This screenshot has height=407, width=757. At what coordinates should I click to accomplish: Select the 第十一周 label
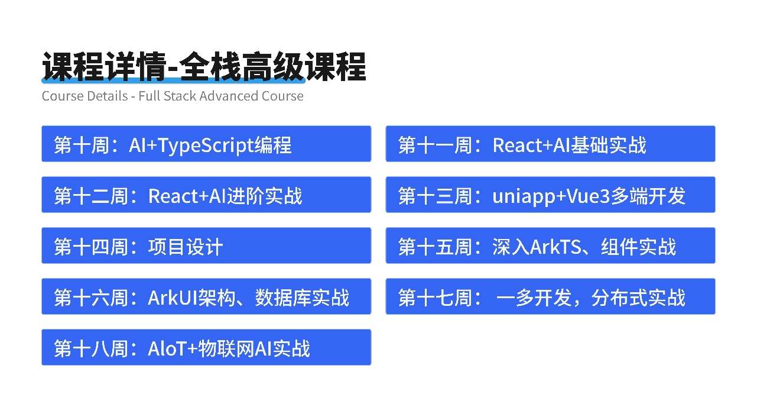tap(435, 145)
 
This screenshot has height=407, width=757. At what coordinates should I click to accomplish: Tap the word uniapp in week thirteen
tap(524, 197)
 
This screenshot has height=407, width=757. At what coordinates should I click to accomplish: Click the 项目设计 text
tap(186, 247)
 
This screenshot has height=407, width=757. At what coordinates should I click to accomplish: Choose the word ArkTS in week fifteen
tap(555, 247)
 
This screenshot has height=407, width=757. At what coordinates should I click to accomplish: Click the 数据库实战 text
tap(302, 298)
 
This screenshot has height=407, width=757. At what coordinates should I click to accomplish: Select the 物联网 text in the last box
tap(226, 348)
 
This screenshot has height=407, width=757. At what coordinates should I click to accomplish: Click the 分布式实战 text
tap(638, 298)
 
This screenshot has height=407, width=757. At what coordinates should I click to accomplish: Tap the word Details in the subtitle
tap(107, 96)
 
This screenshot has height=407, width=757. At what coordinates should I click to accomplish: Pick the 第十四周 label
tap(91, 247)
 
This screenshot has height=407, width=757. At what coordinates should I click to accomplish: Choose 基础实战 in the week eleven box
tap(609, 145)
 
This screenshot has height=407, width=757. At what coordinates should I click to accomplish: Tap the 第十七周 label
tap(435, 298)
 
